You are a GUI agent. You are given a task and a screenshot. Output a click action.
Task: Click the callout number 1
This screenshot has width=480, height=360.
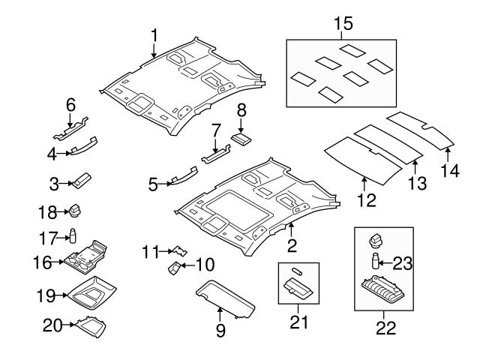[x=154, y=34]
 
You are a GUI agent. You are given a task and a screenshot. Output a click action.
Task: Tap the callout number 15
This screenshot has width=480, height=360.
[x=342, y=23]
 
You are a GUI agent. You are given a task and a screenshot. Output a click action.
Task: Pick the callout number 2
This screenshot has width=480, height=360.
[x=292, y=244]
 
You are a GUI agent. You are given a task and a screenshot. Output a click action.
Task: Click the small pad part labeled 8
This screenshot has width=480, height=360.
[x=241, y=138]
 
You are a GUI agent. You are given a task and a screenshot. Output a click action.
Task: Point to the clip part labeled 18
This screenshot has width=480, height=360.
[x=75, y=210]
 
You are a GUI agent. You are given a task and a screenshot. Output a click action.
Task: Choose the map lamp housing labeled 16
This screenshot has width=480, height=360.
[x=86, y=255]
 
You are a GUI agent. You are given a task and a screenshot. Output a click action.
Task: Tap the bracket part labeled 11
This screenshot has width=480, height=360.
[x=178, y=250]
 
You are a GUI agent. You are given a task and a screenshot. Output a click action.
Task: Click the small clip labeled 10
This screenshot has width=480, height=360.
[x=174, y=267]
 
